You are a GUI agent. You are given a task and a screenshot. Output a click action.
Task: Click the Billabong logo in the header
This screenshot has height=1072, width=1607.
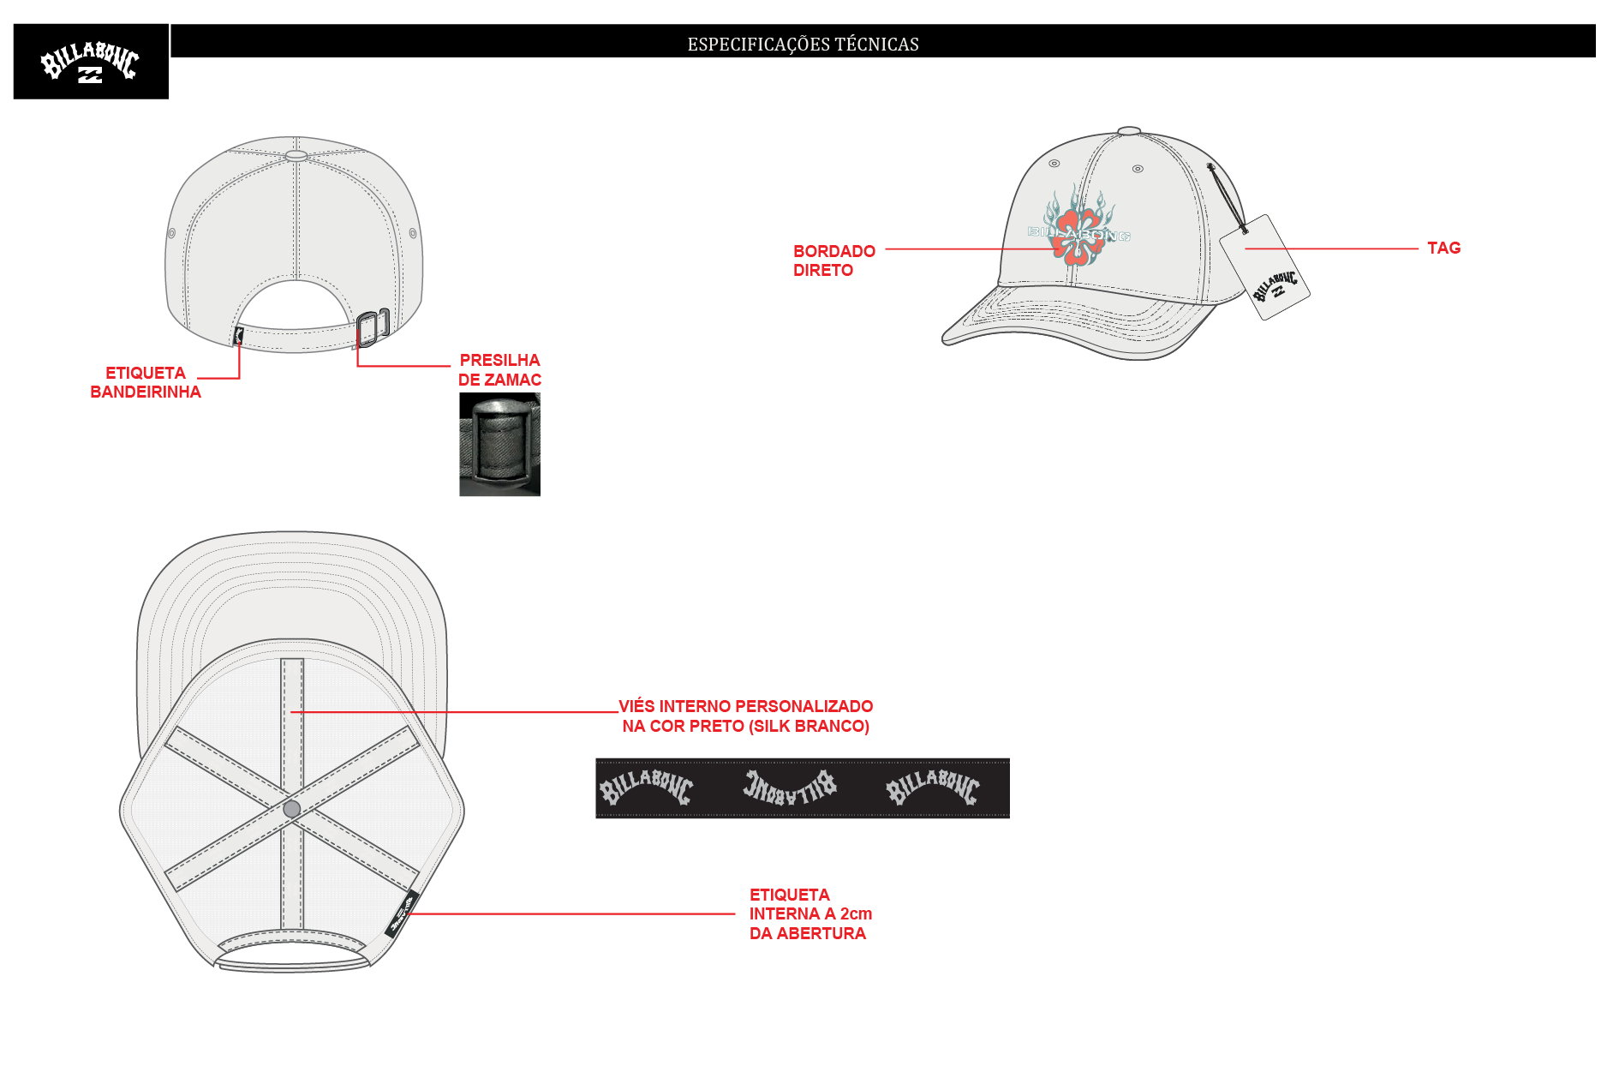pos(91,62)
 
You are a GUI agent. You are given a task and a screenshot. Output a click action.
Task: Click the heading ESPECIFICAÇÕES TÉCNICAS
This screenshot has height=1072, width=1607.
pos(803,45)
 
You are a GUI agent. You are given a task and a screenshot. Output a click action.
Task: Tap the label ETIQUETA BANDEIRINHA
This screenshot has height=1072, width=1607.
pos(146,382)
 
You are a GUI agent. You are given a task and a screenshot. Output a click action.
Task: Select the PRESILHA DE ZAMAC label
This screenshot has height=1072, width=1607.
pos(499,369)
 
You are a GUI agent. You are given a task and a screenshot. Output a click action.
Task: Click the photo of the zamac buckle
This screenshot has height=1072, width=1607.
pos(499,444)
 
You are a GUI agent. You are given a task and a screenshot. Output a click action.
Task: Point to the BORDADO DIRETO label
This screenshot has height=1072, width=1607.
pos(833,261)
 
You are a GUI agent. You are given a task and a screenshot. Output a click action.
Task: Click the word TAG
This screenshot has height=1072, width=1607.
pos(1443,248)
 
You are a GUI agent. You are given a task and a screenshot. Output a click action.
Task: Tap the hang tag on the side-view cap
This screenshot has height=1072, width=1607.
pos(1264,267)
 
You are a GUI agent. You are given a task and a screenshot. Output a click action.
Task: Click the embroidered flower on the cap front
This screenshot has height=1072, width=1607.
pos(1079,225)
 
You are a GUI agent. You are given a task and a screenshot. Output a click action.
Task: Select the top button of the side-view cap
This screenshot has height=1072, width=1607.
pos(1129,131)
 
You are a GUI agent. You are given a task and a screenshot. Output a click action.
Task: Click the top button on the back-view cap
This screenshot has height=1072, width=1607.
pos(296,156)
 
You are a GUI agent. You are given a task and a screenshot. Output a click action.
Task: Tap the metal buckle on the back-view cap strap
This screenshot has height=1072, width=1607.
pos(373,327)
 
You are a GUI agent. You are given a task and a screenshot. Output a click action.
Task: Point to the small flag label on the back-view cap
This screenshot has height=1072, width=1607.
pos(238,336)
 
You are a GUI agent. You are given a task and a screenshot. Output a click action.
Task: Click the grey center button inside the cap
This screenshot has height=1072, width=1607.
pos(292,809)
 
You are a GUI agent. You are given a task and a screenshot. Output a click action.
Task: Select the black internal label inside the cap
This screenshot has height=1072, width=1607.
pos(402,914)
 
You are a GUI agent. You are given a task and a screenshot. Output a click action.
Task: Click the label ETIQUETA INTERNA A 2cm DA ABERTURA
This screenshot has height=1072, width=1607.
pos(810,914)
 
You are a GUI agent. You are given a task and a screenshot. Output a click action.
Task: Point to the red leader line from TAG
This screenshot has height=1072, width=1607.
pos(1331,249)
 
